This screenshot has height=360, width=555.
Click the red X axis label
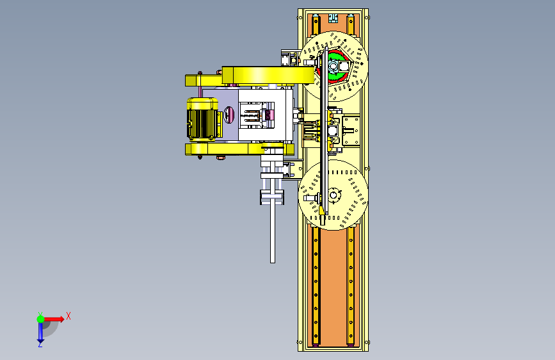coord(68,316)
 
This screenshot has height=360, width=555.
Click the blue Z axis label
coord(40,344)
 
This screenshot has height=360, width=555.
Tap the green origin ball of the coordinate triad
coord(41,319)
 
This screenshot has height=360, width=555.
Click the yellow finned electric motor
coord(203,120)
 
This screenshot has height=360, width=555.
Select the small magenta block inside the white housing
coord(269,115)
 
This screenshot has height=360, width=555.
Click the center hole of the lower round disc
coord(333,195)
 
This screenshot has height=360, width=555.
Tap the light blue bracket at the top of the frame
coord(333,18)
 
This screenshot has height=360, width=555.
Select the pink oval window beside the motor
coord(229,115)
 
